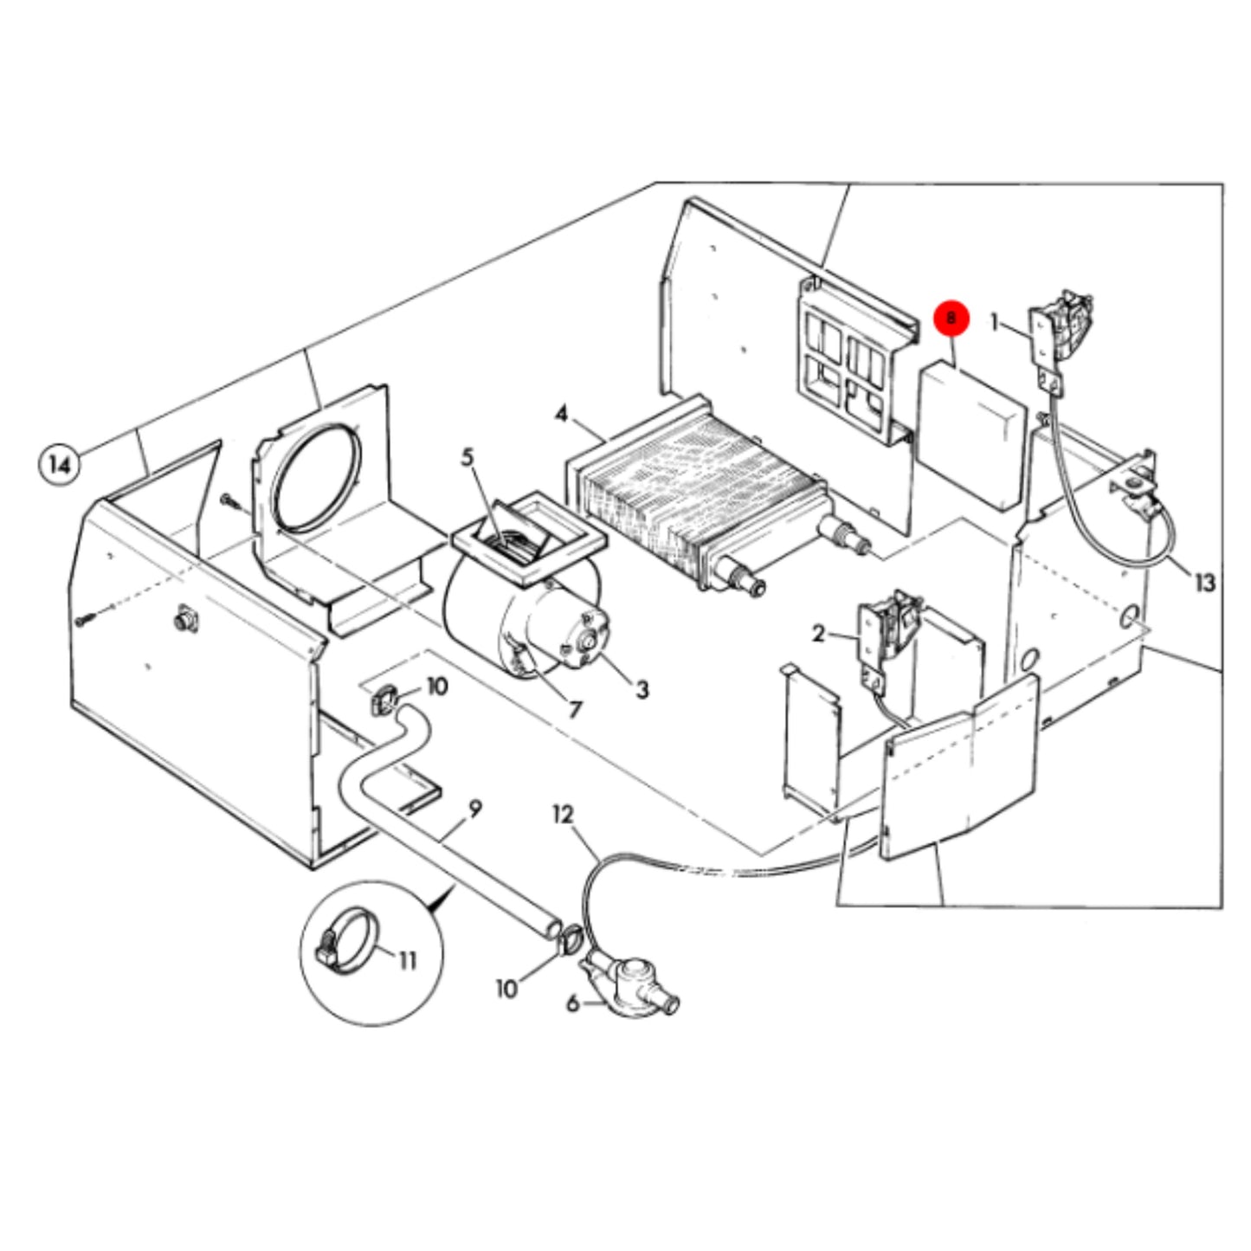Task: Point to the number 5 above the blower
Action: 468,457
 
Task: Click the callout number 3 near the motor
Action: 642,689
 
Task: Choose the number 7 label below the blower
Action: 575,710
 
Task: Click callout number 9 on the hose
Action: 475,809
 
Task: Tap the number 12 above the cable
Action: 564,815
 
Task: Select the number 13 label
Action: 1205,584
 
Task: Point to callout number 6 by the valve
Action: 572,1003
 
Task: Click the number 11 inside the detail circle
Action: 407,960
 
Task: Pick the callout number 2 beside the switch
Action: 819,634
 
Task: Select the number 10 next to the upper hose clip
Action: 437,687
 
